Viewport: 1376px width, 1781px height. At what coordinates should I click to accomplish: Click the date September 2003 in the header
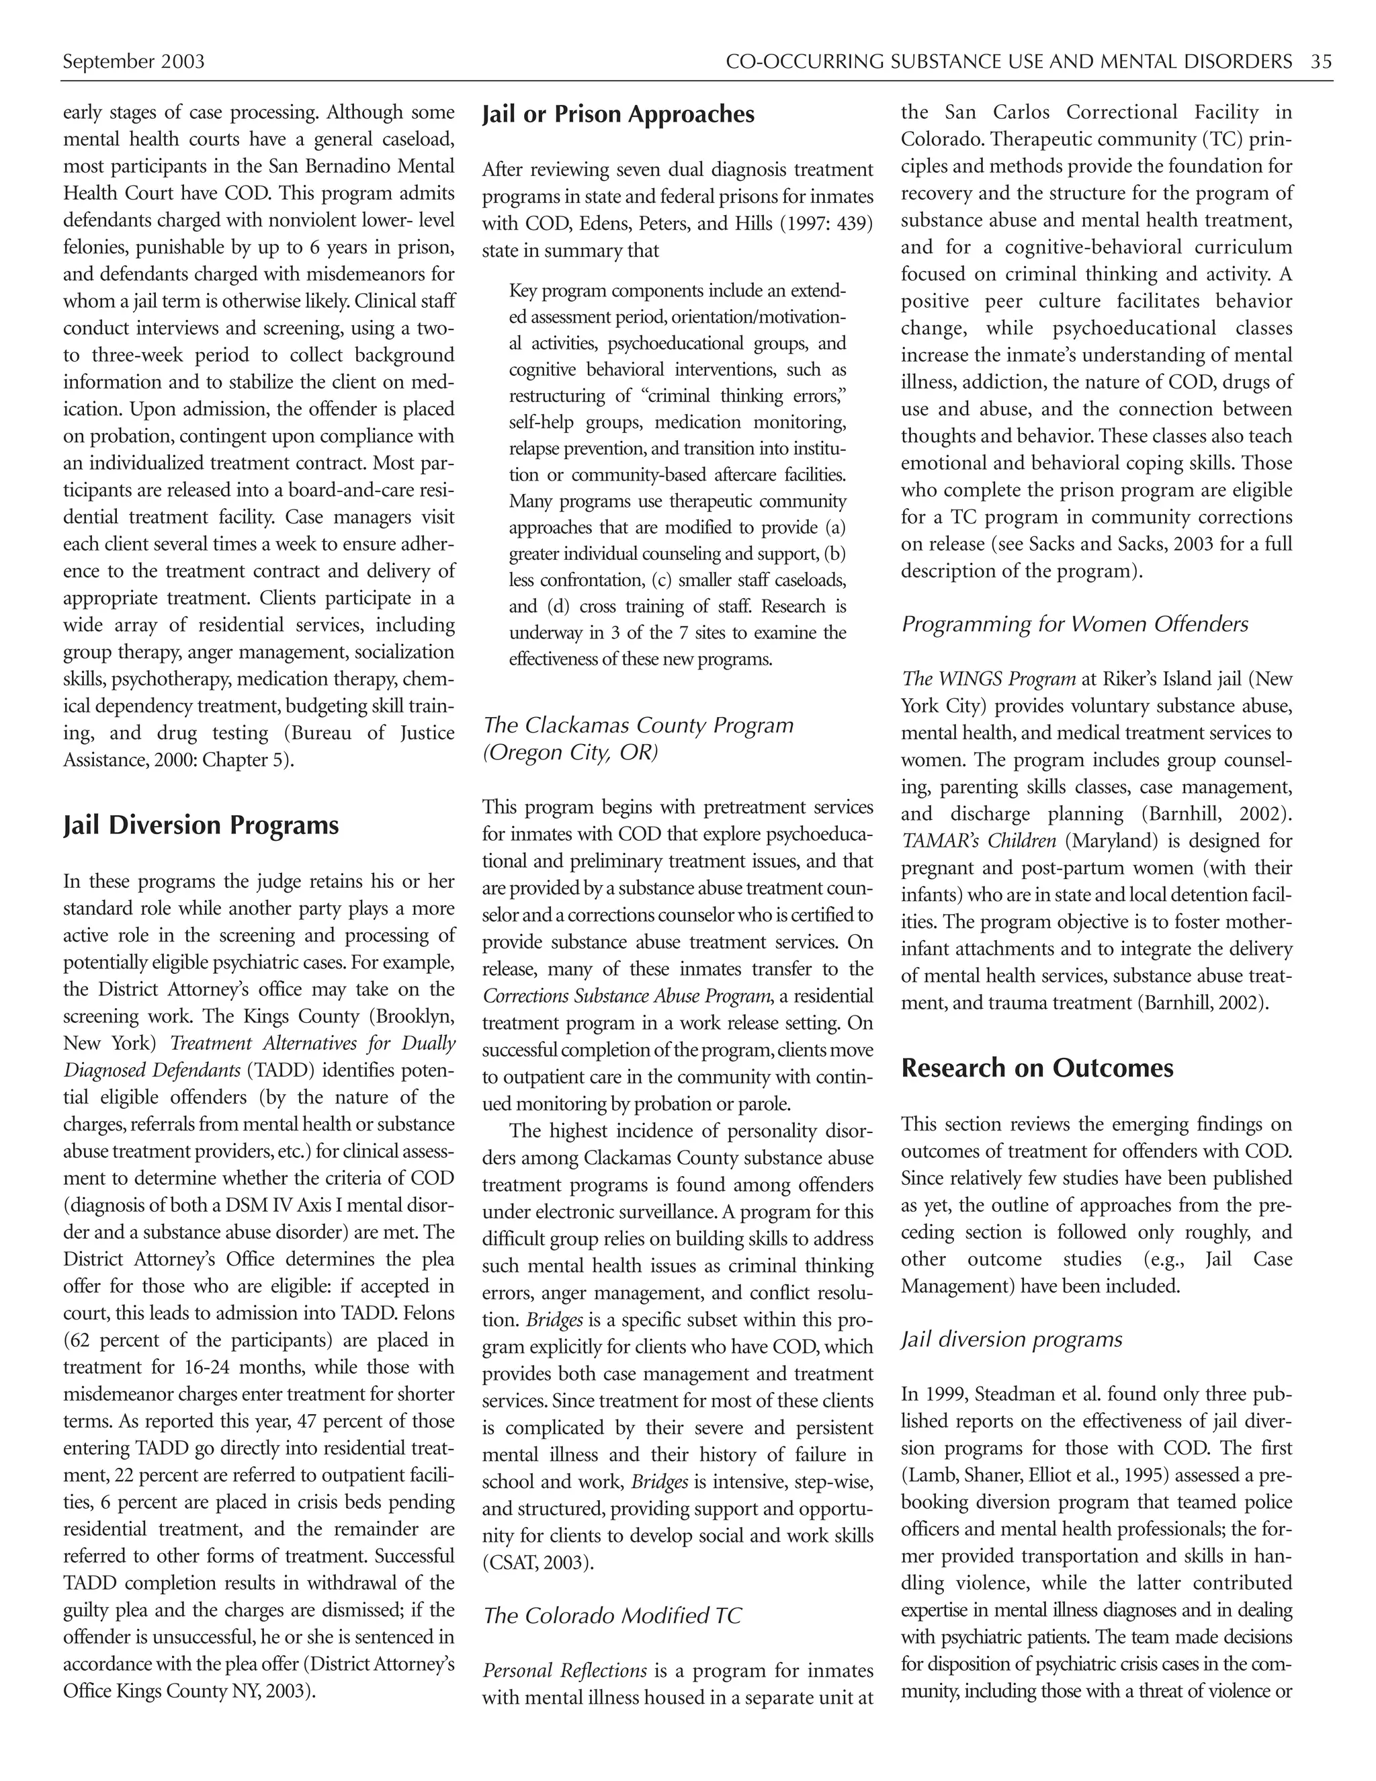tap(134, 62)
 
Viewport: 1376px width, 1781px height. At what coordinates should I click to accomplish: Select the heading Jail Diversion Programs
tap(200, 825)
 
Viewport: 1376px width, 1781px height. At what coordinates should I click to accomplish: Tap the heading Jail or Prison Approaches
tap(618, 114)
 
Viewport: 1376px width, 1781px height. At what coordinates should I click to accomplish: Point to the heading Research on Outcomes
tap(1036, 1069)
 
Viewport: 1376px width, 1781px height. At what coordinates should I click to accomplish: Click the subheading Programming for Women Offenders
tap(1074, 624)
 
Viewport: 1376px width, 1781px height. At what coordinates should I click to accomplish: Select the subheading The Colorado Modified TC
tap(612, 1616)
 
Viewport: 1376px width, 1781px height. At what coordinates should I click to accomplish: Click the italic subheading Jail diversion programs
tap(1010, 1340)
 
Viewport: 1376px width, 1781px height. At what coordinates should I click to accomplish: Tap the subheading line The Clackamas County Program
tap(638, 725)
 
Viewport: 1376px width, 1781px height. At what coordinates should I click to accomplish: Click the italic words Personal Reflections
tap(564, 1671)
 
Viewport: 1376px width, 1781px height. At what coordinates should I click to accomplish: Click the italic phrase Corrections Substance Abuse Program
tap(626, 997)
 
